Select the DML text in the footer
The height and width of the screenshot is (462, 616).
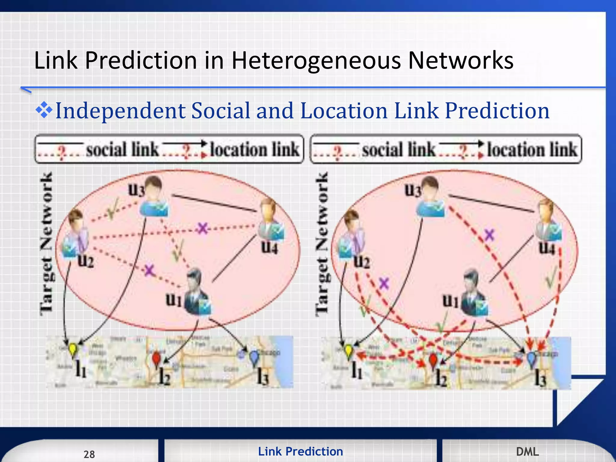click(x=527, y=452)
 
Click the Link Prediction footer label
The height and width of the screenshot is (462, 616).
click(x=300, y=451)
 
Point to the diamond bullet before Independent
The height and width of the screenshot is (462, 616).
click(x=44, y=110)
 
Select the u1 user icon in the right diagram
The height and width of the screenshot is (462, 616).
click(x=473, y=293)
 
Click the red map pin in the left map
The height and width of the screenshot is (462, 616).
click(x=156, y=359)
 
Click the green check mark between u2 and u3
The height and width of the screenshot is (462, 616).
click(x=112, y=209)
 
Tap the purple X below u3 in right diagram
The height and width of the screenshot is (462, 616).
click(x=489, y=235)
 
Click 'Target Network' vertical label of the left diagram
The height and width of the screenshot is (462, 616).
click(x=47, y=244)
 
